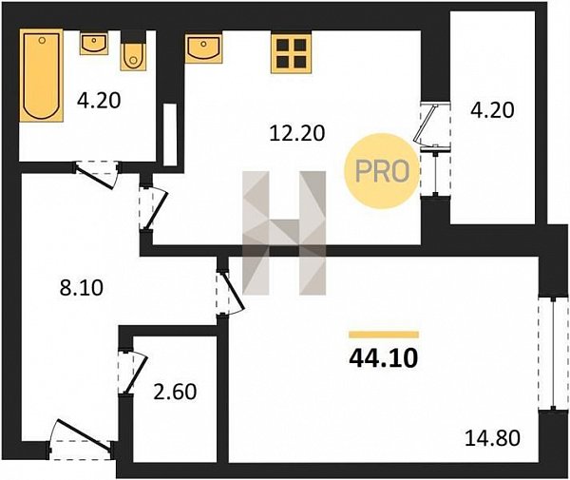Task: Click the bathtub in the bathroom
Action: [x=41, y=75]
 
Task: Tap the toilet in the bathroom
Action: [x=133, y=57]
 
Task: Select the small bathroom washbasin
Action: [x=94, y=43]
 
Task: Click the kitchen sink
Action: [x=203, y=48]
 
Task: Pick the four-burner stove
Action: [x=292, y=53]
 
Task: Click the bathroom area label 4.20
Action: [x=99, y=101]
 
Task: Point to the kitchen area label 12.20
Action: [x=297, y=133]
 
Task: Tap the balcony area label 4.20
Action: [x=492, y=110]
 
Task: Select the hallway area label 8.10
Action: [x=82, y=288]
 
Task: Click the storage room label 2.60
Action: [x=175, y=392]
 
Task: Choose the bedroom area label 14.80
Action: [x=492, y=438]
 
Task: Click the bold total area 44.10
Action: [x=384, y=358]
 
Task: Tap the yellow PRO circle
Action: [x=382, y=171]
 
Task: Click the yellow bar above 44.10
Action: [x=384, y=335]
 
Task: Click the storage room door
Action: [x=132, y=372]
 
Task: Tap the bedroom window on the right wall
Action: [x=553, y=354]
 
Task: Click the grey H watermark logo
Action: [x=284, y=233]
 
